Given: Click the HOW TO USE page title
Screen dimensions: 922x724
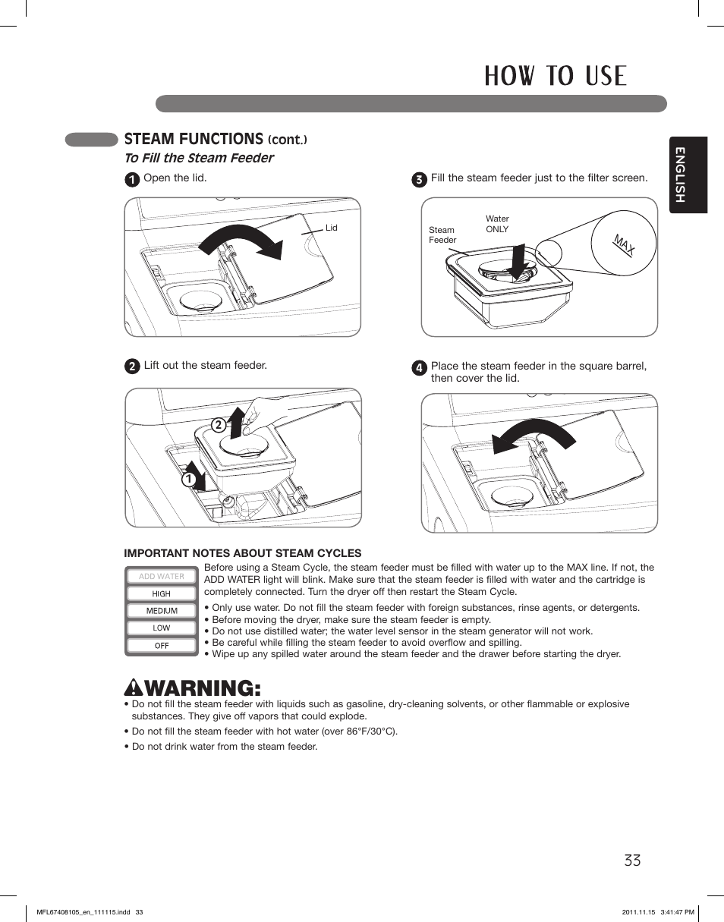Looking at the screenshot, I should point(556,77).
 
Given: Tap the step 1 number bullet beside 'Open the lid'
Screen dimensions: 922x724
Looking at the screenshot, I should point(132,180).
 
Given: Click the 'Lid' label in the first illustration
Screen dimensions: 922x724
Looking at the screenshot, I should point(331,228).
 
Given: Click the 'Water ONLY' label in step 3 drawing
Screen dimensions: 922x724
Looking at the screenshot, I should point(497,224).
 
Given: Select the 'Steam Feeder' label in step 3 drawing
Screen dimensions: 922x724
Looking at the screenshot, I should point(442,234).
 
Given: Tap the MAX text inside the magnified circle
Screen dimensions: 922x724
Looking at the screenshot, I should point(624,245).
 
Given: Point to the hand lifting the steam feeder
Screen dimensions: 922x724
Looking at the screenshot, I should point(262,414).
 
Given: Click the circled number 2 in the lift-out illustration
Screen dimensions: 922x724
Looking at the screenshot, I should point(217,426).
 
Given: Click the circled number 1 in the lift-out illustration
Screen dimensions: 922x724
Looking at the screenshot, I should point(185,480).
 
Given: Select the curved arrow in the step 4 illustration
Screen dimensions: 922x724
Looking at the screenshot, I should point(530,437).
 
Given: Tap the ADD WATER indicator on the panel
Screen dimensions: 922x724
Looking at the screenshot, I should point(162,577).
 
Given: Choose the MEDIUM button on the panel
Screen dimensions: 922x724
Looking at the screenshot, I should point(162,611).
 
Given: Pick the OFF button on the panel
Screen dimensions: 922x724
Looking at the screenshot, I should point(162,646).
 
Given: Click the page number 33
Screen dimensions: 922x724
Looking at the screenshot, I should point(632,861).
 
